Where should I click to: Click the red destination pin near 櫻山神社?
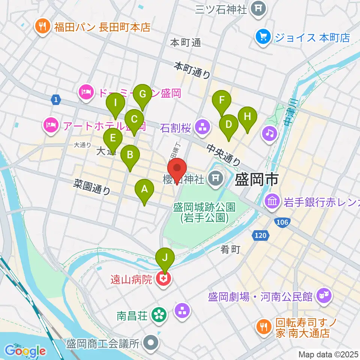[x=177, y=169]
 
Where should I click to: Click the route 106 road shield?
[x=282, y=222]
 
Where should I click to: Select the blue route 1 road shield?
[x=56, y=99]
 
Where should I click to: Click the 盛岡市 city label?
[x=256, y=180]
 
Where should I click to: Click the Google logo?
[x=25, y=351]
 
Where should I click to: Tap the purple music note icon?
[x=270, y=132]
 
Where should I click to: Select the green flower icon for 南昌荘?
[x=159, y=314]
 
